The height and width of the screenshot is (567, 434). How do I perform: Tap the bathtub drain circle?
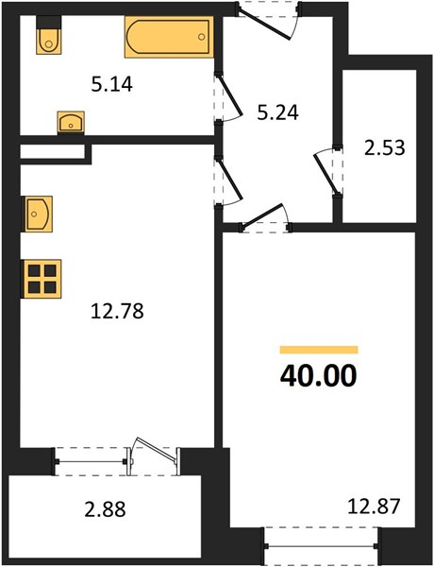pos(202,37)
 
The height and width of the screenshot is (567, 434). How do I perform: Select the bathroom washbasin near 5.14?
pos(71,123)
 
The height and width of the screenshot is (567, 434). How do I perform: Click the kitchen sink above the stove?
pos(39,215)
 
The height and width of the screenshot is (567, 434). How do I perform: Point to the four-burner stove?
pos(42,279)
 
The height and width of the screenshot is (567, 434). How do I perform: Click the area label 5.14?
pos(112,85)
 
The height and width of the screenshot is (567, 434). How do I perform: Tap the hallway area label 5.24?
pos(277,112)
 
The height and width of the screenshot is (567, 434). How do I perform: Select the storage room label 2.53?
pos(385,148)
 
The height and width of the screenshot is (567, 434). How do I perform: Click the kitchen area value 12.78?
pos(117,311)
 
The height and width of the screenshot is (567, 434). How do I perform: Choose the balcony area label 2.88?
pos(105,509)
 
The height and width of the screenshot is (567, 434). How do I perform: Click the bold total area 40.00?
pos(319,376)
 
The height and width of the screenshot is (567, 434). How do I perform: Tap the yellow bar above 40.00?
pos(319,350)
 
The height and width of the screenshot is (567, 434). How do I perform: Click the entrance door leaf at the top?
pos(264,24)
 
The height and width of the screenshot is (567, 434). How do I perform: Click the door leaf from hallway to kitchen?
pos(229,179)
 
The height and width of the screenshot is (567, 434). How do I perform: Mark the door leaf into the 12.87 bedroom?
pos(261,216)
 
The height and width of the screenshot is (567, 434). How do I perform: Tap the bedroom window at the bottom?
pos(321,546)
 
